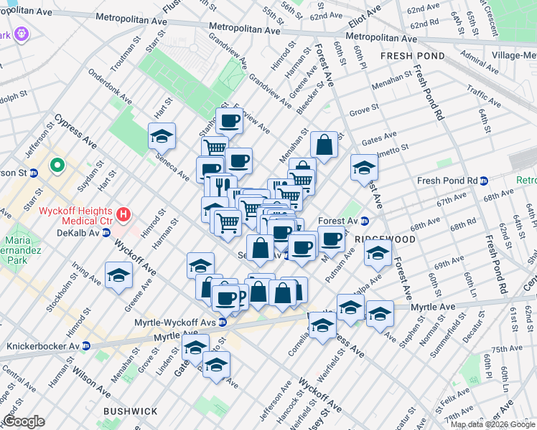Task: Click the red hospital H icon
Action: click(123, 214)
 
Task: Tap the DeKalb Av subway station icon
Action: click(106, 233)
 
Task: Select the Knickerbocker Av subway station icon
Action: click(85, 345)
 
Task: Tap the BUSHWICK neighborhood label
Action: click(130, 411)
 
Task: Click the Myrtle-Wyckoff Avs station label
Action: click(176, 322)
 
